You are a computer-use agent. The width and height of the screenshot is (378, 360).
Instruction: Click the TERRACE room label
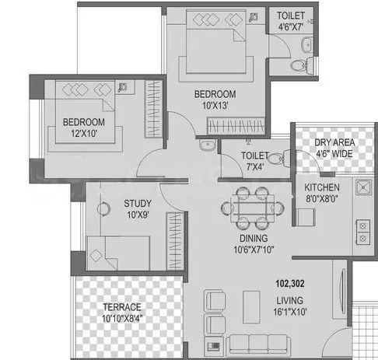click(110, 306)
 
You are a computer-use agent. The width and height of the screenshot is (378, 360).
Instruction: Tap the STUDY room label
click(137, 204)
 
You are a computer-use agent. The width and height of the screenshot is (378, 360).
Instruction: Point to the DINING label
click(250, 239)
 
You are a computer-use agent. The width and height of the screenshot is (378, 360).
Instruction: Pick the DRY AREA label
click(332, 142)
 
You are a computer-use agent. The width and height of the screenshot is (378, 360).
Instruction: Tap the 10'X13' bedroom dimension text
click(215, 105)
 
